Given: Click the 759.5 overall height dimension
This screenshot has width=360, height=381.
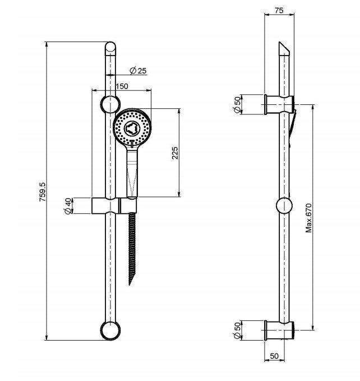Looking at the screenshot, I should (x=42, y=192).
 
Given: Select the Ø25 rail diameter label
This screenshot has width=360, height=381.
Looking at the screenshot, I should (x=137, y=71).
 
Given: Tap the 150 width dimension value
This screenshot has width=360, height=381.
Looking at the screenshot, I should (x=122, y=86).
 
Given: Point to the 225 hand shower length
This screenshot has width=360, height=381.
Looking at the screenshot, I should (x=174, y=153).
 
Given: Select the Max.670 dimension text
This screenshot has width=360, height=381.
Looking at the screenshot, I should (x=308, y=218).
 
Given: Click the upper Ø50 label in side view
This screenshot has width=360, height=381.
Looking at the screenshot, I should (x=238, y=104).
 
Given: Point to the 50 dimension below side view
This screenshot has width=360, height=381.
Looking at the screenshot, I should (x=275, y=356).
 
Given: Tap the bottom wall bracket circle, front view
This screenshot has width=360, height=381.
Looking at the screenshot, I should (x=110, y=330).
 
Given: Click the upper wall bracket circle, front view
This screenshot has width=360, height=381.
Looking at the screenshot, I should (x=110, y=104).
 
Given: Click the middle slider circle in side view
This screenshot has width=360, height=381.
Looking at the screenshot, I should (x=284, y=206).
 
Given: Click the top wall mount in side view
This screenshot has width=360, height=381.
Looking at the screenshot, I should (x=279, y=104).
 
